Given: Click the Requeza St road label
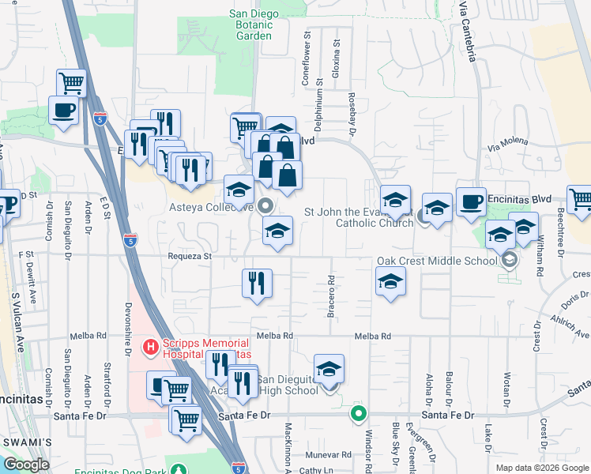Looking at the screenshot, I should pos(190,257).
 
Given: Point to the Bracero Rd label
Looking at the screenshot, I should pos(330,295).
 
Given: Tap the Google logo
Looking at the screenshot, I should pos(27,464).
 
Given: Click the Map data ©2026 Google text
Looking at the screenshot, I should pos(542,468).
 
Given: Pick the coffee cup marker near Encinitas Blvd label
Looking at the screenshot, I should pos(471,202).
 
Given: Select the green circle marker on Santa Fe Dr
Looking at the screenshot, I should pos(359,413).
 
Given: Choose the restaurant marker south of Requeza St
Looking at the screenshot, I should pos(257,284).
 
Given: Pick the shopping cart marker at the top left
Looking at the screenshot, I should pos(71,83).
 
